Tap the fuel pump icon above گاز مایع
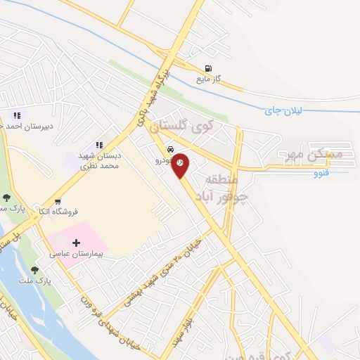[207, 69]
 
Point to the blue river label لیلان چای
[283, 111]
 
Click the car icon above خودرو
[171, 150]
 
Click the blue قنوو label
[321, 171]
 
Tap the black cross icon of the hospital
[76, 242]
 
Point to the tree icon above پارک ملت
[34, 269]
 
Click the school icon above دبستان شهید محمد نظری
[99, 145]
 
